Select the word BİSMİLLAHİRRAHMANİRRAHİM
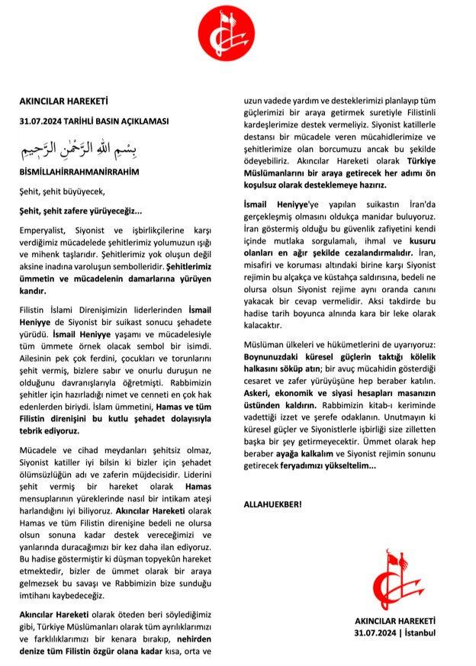(x=79, y=172)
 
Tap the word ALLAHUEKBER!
(x=272, y=504)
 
